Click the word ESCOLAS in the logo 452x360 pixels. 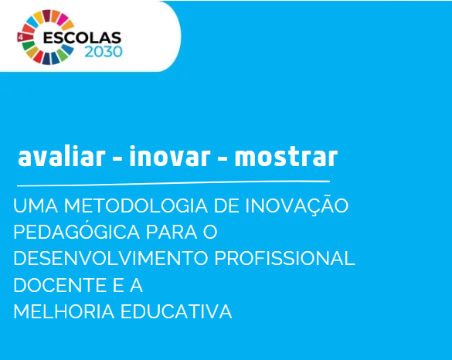pyautogui.click(x=82, y=38)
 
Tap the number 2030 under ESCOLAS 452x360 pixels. pyautogui.click(x=104, y=52)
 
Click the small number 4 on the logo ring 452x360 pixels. pyautogui.click(x=20, y=37)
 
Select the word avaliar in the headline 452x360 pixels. pyautogui.click(x=61, y=156)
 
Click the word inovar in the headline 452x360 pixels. pyautogui.click(x=170, y=156)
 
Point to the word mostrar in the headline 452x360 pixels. pyautogui.click(x=286, y=157)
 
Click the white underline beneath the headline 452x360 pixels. pyautogui.click(x=173, y=183)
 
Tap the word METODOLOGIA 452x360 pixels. pyautogui.click(x=136, y=205)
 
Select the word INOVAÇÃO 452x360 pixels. pyautogui.click(x=297, y=205)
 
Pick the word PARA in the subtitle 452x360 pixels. pyautogui.click(x=172, y=232)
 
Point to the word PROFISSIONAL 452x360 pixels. pyautogui.click(x=285, y=258)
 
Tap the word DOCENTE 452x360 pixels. pyautogui.click(x=59, y=285)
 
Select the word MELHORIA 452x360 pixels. pyautogui.click(x=64, y=311)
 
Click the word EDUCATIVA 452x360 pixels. pyautogui.click(x=176, y=311)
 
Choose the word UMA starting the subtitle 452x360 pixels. pyautogui.click(x=36, y=205)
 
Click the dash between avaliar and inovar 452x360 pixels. pyautogui.click(x=117, y=158)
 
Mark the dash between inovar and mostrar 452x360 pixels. pyautogui.click(x=223, y=158)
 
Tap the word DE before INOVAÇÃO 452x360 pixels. pyautogui.click(x=226, y=205)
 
